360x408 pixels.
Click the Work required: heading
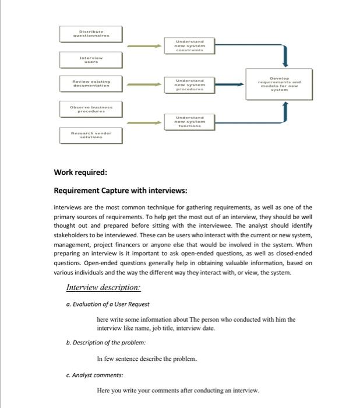coord(80,173)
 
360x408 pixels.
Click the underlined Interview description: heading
coord(103,287)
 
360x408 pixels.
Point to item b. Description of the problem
coord(98,342)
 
